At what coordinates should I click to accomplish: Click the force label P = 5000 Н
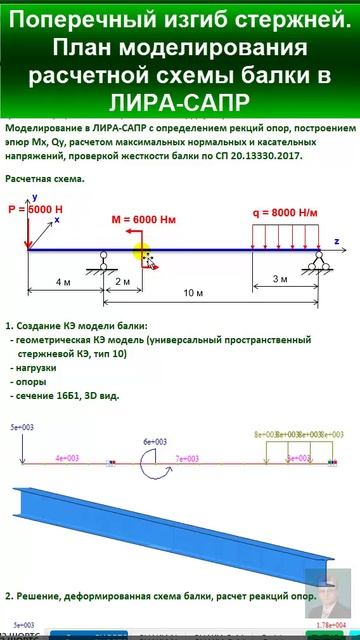coord(37,212)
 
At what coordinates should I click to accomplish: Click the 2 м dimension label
coord(122,283)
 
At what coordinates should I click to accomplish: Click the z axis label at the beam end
coord(338,242)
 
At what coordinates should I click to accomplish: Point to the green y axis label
coord(34,198)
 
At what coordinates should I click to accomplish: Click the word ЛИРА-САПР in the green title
coord(181,102)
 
